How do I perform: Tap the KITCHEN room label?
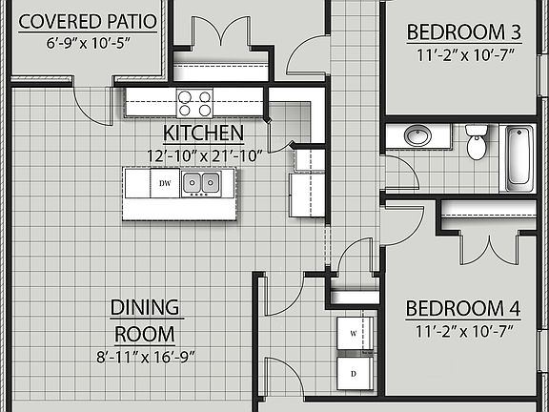coord(203,133)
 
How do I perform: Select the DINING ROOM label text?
coord(145,320)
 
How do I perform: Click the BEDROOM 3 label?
coord(464,32)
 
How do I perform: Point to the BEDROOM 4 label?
coord(464,309)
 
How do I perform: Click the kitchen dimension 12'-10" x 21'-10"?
coord(203,154)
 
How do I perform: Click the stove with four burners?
coord(194,100)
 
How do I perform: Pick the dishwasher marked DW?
coord(165,182)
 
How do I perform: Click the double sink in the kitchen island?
coord(201,182)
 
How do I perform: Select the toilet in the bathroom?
coord(477,143)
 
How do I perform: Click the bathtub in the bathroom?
coord(518,155)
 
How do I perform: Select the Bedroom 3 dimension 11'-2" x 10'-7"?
coord(464,54)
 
